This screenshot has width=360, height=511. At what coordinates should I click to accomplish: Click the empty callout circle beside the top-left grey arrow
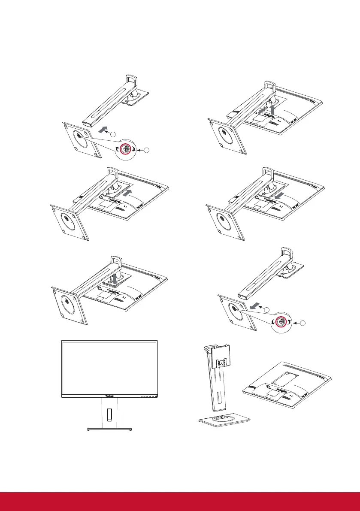[113, 134]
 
